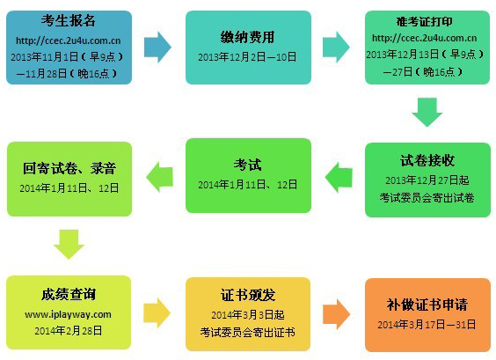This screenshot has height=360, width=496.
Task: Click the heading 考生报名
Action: point(69,21)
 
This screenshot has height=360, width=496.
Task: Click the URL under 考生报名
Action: point(69,40)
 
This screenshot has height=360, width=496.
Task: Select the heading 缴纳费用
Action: point(247,37)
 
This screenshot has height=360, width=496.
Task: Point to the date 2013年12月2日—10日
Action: point(247,57)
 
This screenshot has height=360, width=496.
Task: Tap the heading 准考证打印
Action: point(425,21)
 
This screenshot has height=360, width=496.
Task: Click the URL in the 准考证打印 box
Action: point(425,38)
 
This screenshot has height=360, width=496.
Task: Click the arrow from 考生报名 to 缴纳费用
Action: point(157,48)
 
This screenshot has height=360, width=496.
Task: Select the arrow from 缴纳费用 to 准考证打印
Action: point(336,48)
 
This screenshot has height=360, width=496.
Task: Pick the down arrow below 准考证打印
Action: point(427,112)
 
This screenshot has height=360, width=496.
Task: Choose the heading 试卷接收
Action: point(427,160)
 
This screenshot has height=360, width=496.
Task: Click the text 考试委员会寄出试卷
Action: point(427,198)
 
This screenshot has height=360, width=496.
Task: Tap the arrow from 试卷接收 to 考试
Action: point(339,178)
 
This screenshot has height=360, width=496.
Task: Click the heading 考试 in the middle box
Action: point(248,165)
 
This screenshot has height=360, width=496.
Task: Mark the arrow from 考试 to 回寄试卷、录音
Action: point(160,177)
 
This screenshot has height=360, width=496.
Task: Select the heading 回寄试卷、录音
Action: point(69,168)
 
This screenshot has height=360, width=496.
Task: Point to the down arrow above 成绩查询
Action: point(69,244)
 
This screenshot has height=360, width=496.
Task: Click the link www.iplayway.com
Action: point(68,314)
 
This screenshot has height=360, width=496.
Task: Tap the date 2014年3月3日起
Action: point(248,315)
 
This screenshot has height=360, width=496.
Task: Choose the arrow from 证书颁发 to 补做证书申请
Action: point(336,314)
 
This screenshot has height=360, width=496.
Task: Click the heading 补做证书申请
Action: point(427,305)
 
